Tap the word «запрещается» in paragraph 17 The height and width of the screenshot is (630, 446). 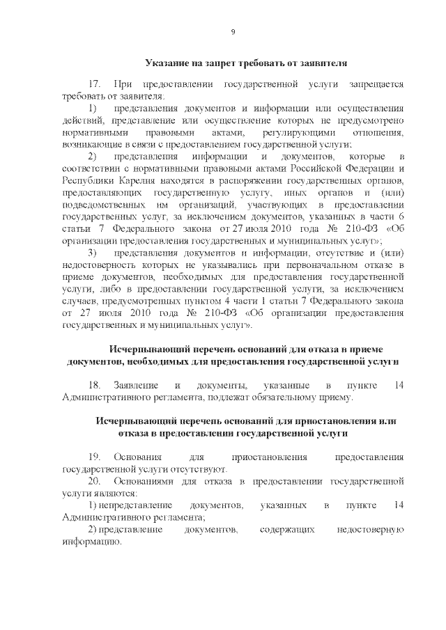(376, 83)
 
